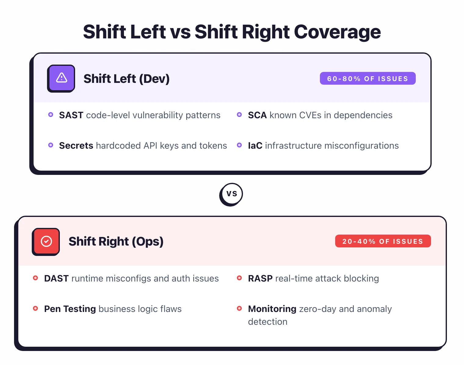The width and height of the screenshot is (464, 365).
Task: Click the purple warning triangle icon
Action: click(61, 78)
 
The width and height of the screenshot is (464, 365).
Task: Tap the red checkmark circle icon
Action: click(46, 241)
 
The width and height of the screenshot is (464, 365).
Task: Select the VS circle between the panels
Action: click(231, 194)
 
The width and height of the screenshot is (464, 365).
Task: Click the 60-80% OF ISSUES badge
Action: click(368, 79)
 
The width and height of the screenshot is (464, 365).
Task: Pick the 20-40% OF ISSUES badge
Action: click(383, 241)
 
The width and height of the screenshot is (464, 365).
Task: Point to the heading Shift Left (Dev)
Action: click(126, 79)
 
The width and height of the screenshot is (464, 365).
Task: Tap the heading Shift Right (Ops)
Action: click(116, 242)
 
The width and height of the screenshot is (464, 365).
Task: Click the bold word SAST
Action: click(71, 115)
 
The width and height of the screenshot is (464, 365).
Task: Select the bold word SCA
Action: click(257, 115)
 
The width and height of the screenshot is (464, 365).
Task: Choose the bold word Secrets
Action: click(76, 146)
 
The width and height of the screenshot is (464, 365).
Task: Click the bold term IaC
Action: click(255, 146)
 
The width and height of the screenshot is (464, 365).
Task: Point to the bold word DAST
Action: click(56, 278)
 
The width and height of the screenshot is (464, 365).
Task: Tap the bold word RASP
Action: click(260, 278)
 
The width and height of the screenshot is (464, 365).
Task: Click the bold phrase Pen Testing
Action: click(70, 309)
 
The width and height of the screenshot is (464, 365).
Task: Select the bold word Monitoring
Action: click(272, 309)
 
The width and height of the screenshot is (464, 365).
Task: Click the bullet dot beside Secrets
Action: click(51, 145)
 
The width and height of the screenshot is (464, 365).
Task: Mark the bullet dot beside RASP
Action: click(239, 278)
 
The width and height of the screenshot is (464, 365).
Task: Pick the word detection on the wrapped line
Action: click(267, 322)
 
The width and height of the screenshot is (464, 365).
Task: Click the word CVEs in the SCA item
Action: click(310, 115)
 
